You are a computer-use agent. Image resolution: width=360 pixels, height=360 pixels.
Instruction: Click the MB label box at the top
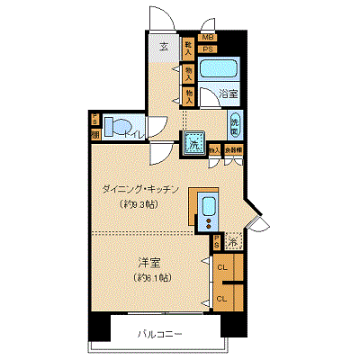coord(208,38)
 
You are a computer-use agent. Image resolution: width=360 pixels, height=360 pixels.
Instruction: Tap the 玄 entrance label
coord(164,48)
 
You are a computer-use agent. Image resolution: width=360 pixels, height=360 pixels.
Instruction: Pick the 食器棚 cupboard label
coord(232,151)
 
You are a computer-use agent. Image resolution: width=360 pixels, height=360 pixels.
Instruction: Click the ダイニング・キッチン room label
coord(142,190)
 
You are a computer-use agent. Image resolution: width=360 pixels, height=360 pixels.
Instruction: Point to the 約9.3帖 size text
coord(140,204)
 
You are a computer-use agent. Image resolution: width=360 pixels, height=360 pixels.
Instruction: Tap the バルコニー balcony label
coord(160,335)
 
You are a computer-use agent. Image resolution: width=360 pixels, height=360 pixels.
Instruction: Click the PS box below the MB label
coord(208,48)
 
